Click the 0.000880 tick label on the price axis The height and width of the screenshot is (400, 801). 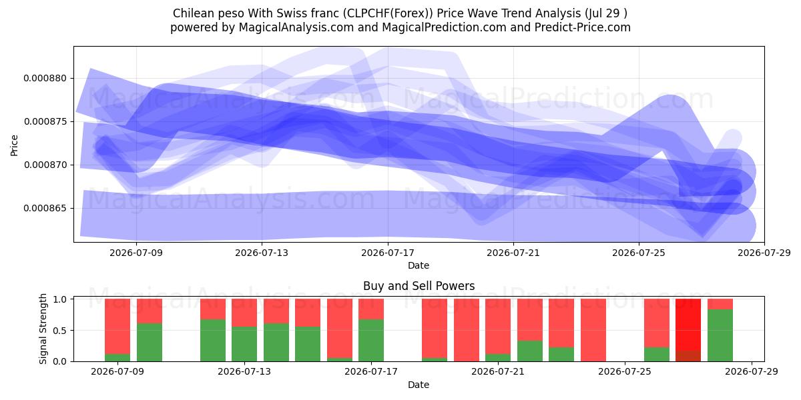click(45, 78)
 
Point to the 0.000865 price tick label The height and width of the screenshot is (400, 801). click(45, 208)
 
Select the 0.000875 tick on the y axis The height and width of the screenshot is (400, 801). click(45, 122)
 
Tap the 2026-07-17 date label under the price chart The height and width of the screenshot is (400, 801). click(388, 253)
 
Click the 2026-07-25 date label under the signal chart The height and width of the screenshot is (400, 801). click(625, 372)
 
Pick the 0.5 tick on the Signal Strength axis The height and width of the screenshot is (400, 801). click(60, 331)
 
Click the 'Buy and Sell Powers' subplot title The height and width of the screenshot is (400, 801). click(419, 286)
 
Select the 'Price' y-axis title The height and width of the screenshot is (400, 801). click(14, 145)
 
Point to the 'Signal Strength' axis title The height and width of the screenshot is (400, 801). click(43, 329)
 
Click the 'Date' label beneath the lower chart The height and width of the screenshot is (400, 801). click(419, 385)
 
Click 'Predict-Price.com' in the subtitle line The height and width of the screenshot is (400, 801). click(583, 27)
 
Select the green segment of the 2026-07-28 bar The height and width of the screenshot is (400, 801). click(720, 335)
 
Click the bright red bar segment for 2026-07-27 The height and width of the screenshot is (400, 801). click(688, 325)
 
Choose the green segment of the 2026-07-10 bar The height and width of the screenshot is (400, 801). click(150, 343)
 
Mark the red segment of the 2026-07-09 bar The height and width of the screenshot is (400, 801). click(117, 327)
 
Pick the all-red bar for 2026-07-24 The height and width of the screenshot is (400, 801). click(593, 330)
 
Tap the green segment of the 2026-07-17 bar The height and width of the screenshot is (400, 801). click(371, 341)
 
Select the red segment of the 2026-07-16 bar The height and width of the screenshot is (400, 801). click(340, 329)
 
